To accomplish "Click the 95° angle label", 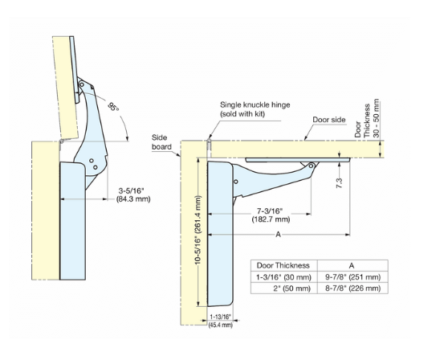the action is [114, 107].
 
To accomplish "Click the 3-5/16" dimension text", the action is [131, 191].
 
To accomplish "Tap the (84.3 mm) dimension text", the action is [133, 199].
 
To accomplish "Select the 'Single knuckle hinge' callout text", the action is [255, 105].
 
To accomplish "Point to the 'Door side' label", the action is [329, 120].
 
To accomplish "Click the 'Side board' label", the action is [161, 142].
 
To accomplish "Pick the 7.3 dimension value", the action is [340, 183].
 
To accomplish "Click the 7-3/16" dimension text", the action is [270, 211].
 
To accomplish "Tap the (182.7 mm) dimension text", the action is [271, 219].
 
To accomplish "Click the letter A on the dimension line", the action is [278, 234].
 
